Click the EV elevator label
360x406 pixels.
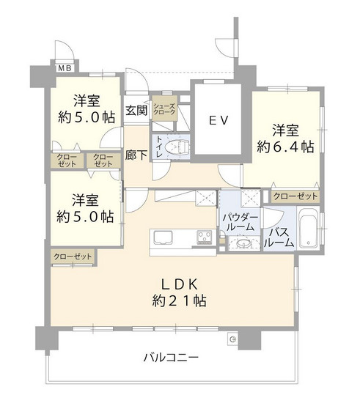click(x=218, y=120)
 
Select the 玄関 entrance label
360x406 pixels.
click(x=136, y=111)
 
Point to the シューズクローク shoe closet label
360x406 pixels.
click(x=164, y=111)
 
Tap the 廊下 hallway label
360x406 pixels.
click(x=134, y=155)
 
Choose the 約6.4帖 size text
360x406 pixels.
click(x=285, y=147)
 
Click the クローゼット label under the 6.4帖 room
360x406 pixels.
click(x=295, y=196)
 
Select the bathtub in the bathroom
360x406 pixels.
click(x=308, y=229)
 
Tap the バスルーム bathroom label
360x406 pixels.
click(x=279, y=237)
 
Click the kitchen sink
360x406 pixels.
click(x=162, y=237)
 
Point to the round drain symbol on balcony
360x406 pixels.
click(x=232, y=338)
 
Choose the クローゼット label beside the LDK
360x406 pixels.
click(x=72, y=256)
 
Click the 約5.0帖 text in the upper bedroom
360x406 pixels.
click(x=87, y=117)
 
